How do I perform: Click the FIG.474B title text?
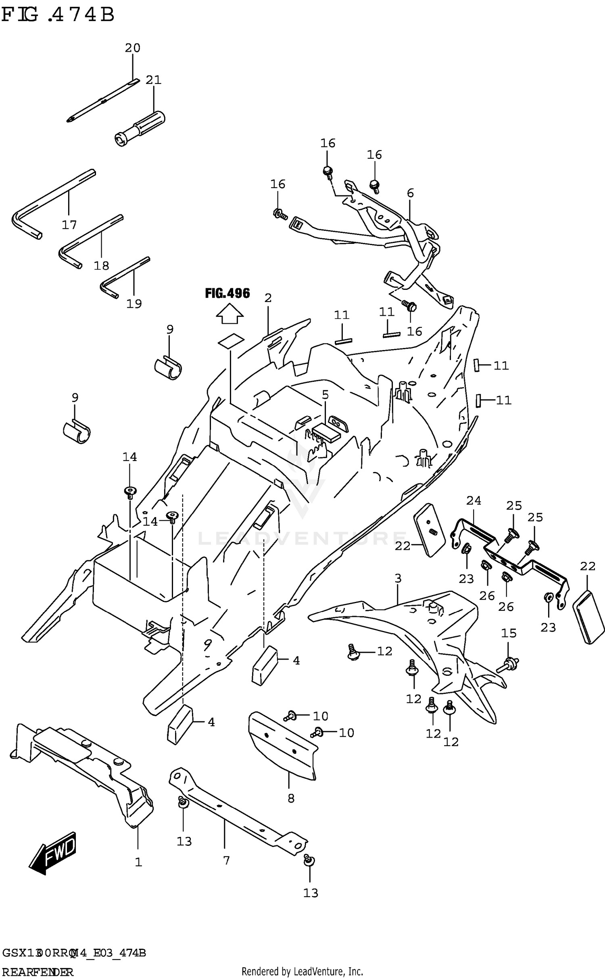[58, 15]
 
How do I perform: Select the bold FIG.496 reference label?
[227, 293]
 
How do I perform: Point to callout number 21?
[153, 80]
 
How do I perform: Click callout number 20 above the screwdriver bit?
[132, 48]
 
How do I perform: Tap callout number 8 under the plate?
[291, 798]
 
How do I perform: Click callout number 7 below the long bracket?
[226, 861]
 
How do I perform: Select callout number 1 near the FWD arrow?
[138, 862]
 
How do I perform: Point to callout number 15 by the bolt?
[509, 633]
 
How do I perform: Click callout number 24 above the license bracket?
[474, 501]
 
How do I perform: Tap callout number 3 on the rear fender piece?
[398, 579]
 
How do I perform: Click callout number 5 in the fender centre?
[325, 394]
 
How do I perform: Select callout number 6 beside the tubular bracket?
[410, 193]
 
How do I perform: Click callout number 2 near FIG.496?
[268, 298]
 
